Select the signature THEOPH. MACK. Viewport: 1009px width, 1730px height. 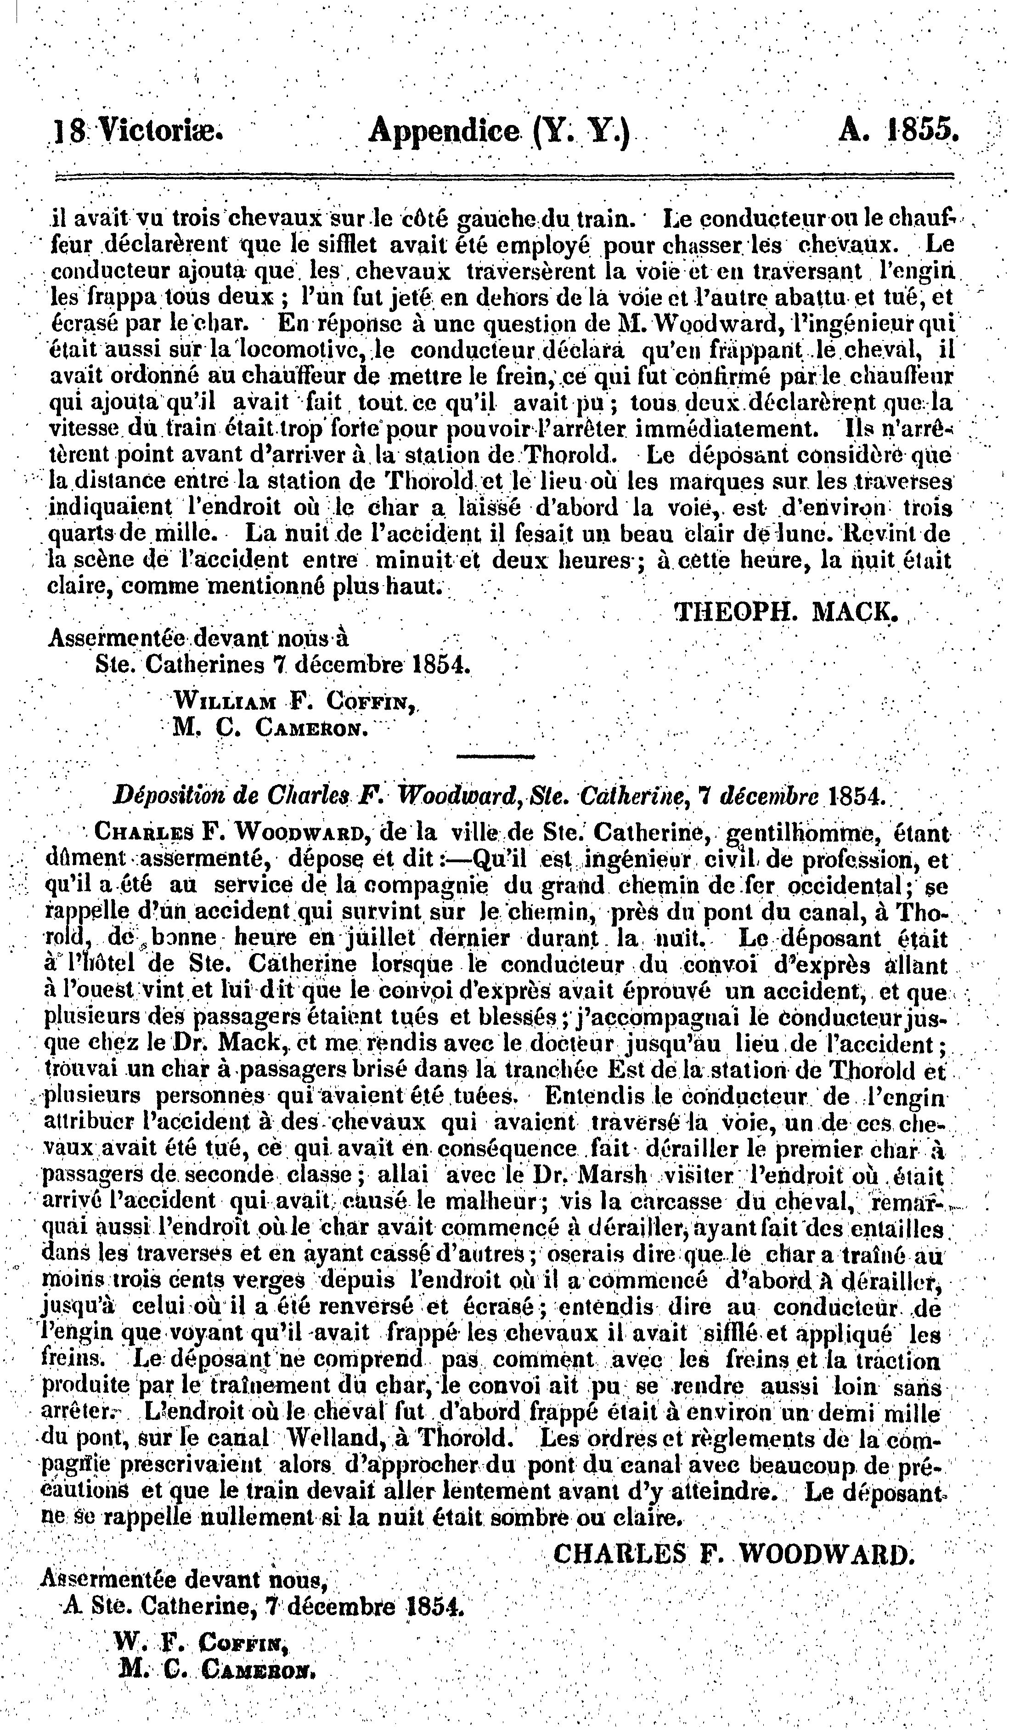click(787, 610)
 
